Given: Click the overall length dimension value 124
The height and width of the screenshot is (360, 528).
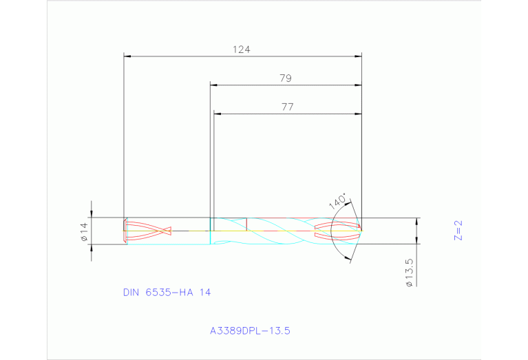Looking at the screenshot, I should (x=241, y=50).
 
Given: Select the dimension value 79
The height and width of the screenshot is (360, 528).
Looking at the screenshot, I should (x=286, y=78).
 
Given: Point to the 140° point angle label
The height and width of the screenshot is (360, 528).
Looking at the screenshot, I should (x=337, y=202).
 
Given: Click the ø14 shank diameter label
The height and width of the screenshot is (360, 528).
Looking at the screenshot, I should (x=84, y=232).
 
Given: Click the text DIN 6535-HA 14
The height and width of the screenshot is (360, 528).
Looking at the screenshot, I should (x=167, y=293).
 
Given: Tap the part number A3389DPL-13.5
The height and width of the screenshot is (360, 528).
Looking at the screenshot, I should (x=251, y=331).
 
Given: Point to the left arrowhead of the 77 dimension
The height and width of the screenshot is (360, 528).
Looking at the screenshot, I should (x=218, y=114).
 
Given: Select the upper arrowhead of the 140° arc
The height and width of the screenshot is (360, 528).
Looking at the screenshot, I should (x=350, y=203).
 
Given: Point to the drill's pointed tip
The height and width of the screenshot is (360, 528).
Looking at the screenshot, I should (x=361, y=226).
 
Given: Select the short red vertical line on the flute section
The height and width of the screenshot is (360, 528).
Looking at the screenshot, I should (x=246, y=224).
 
